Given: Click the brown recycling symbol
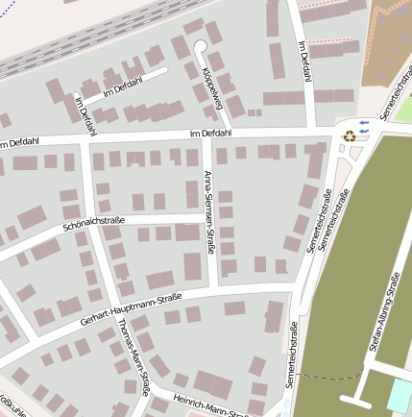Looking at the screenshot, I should [350, 135].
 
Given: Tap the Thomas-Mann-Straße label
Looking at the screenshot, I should [133, 355].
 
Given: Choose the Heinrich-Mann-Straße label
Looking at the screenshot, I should [212, 404].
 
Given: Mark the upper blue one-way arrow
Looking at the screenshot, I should [363, 122].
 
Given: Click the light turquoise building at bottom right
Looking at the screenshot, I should [400, 393].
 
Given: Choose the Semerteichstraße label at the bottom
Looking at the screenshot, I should [292, 356].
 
